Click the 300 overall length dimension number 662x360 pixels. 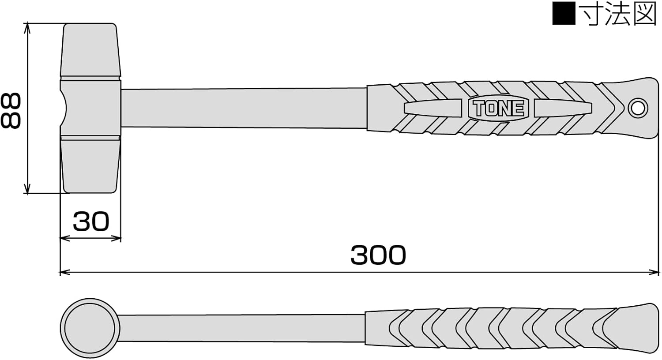(x=378, y=255)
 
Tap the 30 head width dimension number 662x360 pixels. (x=90, y=221)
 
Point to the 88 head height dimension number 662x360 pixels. (x=11, y=110)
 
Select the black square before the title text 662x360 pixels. (x=564, y=13)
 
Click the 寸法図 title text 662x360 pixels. (x=619, y=13)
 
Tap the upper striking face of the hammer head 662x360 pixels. (x=90, y=49)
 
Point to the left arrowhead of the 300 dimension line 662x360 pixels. (x=63, y=272)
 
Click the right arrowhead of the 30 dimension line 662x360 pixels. (x=118, y=238)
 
